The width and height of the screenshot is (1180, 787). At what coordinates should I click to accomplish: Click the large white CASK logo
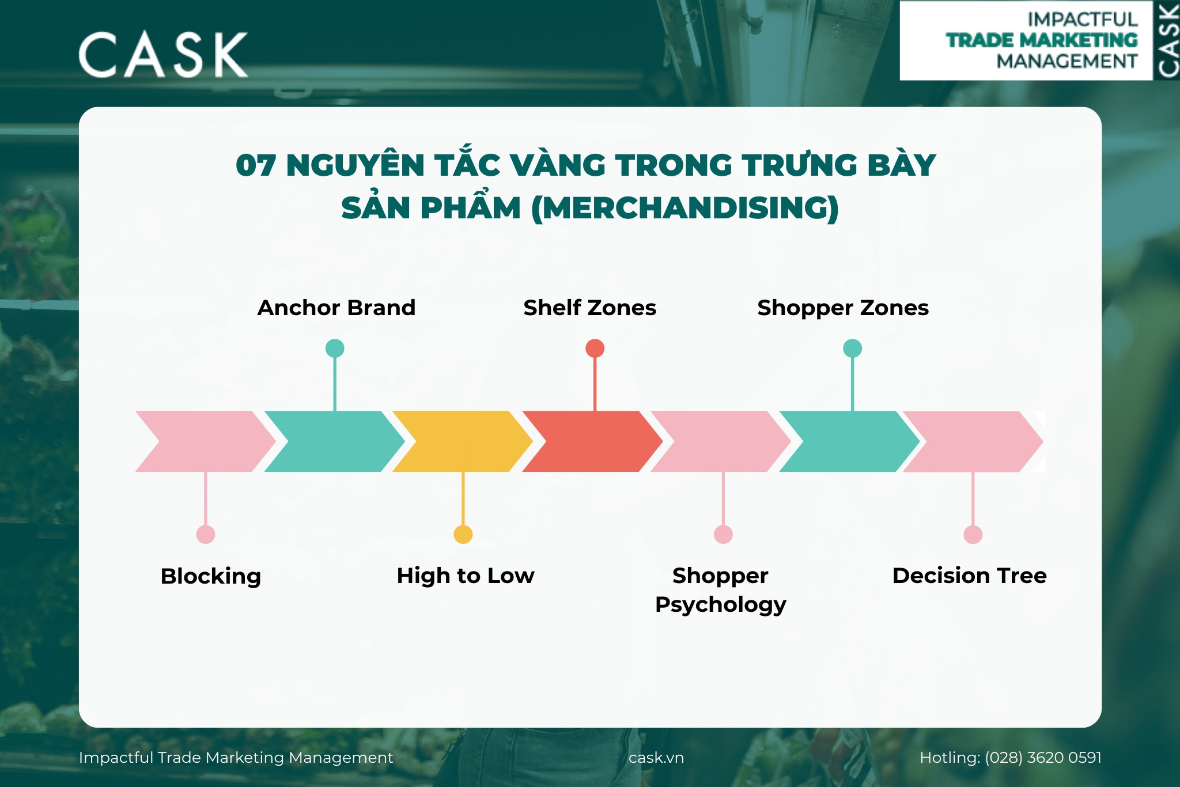pyautogui.click(x=163, y=55)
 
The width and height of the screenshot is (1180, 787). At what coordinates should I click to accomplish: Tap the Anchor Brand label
pyautogui.click(x=336, y=308)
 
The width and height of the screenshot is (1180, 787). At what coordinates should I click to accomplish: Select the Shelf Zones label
pyautogui.click(x=589, y=308)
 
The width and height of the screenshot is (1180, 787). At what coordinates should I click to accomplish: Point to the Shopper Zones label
pyautogui.click(x=842, y=308)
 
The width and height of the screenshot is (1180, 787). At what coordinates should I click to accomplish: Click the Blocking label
pyautogui.click(x=211, y=576)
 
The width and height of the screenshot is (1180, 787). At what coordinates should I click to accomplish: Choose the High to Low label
pyautogui.click(x=466, y=576)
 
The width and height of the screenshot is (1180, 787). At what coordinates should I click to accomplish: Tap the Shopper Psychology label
pyautogui.click(x=720, y=590)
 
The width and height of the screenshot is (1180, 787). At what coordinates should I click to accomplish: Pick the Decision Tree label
pyautogui.click(x=969, y=576)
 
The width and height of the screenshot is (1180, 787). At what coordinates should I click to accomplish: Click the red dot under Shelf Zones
pyautogui.click(x=595, y=349)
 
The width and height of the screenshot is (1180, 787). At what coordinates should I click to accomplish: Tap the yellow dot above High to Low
pyautogui.click(x=463, y=535)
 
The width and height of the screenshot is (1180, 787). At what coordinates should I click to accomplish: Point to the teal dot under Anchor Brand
pyautogui.click(x=335, y=349)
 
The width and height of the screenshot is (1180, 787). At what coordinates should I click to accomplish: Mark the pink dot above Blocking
pyautogui.click(x=206, y=535)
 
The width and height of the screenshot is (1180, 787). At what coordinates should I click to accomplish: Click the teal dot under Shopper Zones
pyautogui.click(x=852, y=349)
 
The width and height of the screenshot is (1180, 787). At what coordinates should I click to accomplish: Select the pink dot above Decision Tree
pyautogui.click(x=973, y=535)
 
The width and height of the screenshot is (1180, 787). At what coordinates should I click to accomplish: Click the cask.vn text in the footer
pyautogui.click(x=656, y=758)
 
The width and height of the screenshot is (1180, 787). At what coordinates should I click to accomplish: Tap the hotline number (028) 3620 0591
pyautogui.click(x=1043, y=758)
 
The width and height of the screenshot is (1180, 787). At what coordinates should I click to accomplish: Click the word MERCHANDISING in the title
pyautogui.click(x=684, y=208)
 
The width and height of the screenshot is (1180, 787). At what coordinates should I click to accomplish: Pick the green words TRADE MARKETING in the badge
pyautogui.click(x=1042, y=40)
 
